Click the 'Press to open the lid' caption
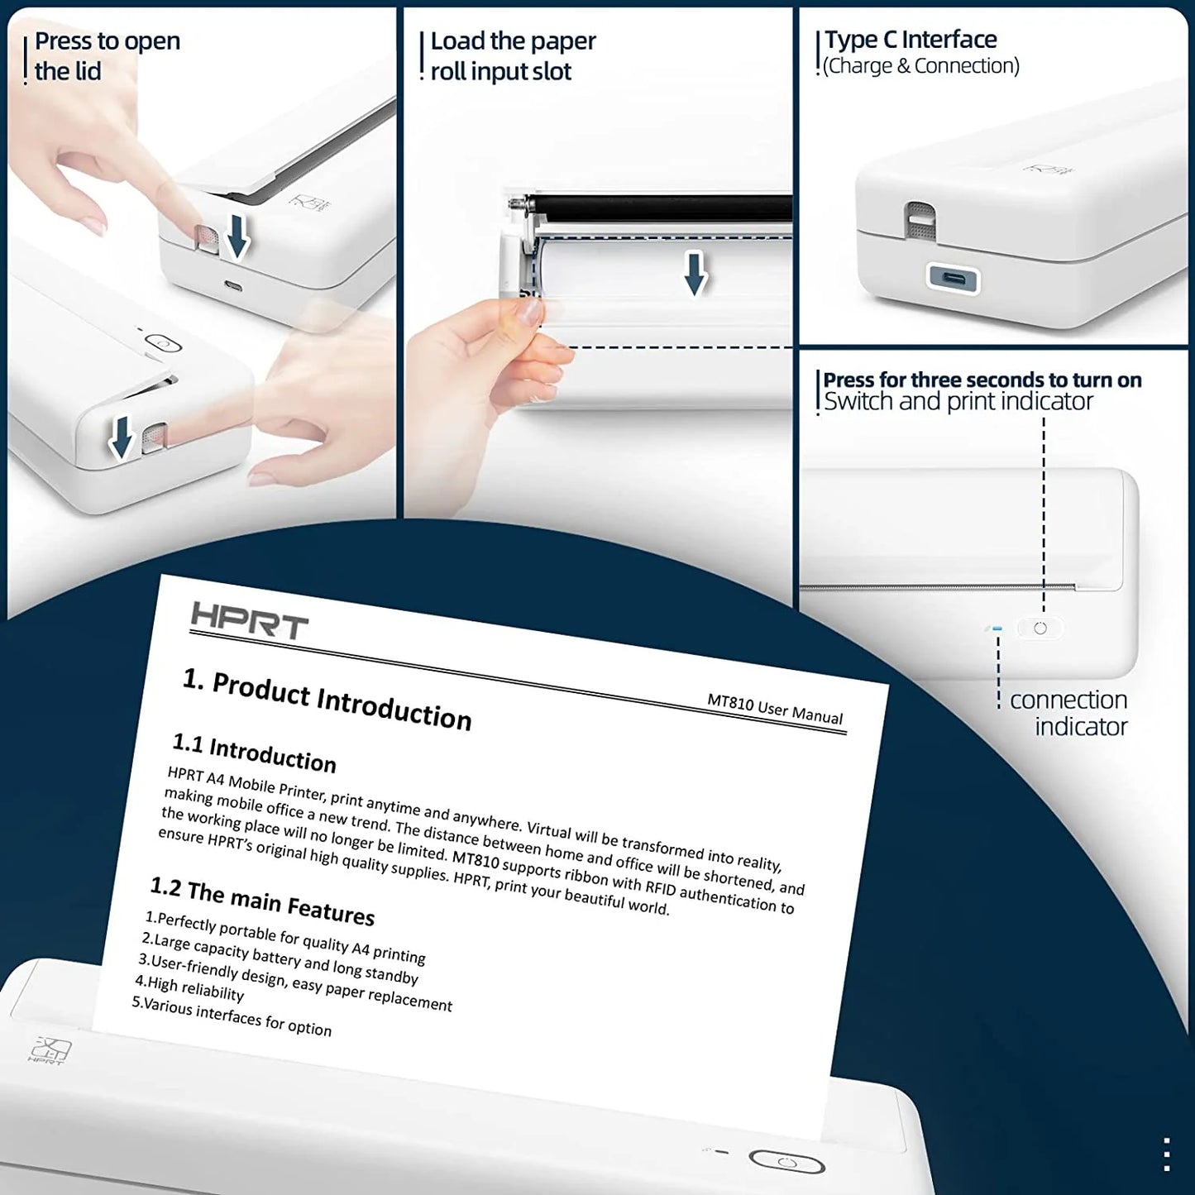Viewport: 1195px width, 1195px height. (106, 56)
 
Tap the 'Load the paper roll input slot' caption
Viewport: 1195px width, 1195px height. (512, 56)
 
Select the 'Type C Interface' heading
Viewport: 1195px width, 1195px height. (911, 40)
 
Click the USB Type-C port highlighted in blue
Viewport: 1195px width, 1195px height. (953, 277)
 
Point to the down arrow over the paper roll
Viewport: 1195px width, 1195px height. (695, 274)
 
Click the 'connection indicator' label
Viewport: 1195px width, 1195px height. (1068, 713)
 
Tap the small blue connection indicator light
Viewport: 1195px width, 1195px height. (997, 629)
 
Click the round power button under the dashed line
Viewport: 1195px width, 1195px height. (1040, 629)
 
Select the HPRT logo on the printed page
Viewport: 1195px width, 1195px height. (249, 619)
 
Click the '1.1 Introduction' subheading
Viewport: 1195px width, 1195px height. (254, 752)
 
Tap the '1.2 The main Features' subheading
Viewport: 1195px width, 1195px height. (262, 901)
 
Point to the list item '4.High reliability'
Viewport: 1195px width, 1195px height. (189, 987)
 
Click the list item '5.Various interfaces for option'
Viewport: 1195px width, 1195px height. (232, 1016)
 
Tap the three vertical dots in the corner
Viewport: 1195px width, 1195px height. (1166, 1154)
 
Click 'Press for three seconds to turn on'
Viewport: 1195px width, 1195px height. (982, 380)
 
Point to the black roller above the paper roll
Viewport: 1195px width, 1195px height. (662, 208)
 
